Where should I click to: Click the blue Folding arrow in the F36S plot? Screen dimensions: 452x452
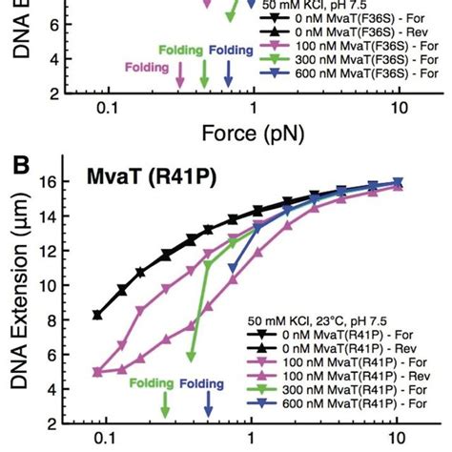[x=227, y=73]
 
